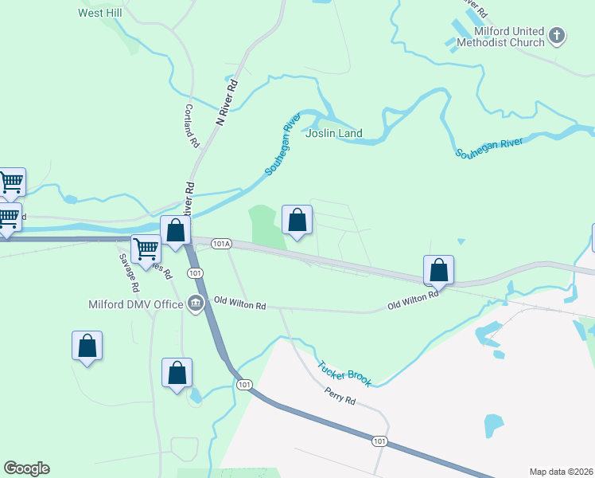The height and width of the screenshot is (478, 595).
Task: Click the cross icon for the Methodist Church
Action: click(x=557, y=36)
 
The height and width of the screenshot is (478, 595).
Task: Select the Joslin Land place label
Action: click(x=334, y=134)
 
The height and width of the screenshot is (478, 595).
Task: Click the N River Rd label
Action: click(x=227, y=103)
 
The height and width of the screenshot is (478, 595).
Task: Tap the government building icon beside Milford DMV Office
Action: click(x=195, y=303)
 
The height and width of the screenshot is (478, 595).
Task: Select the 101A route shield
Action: click(x=221, y=245)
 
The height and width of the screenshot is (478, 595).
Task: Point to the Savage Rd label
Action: click(x=129, y=272)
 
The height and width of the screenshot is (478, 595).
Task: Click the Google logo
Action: click(x=26, y=468)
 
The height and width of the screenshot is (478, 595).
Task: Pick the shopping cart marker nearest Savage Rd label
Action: click(x=145, y=249)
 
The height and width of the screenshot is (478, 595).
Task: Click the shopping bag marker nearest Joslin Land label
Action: click(x=297, y=220)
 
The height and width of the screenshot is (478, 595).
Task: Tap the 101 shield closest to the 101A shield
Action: click(x=194, y=273)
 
